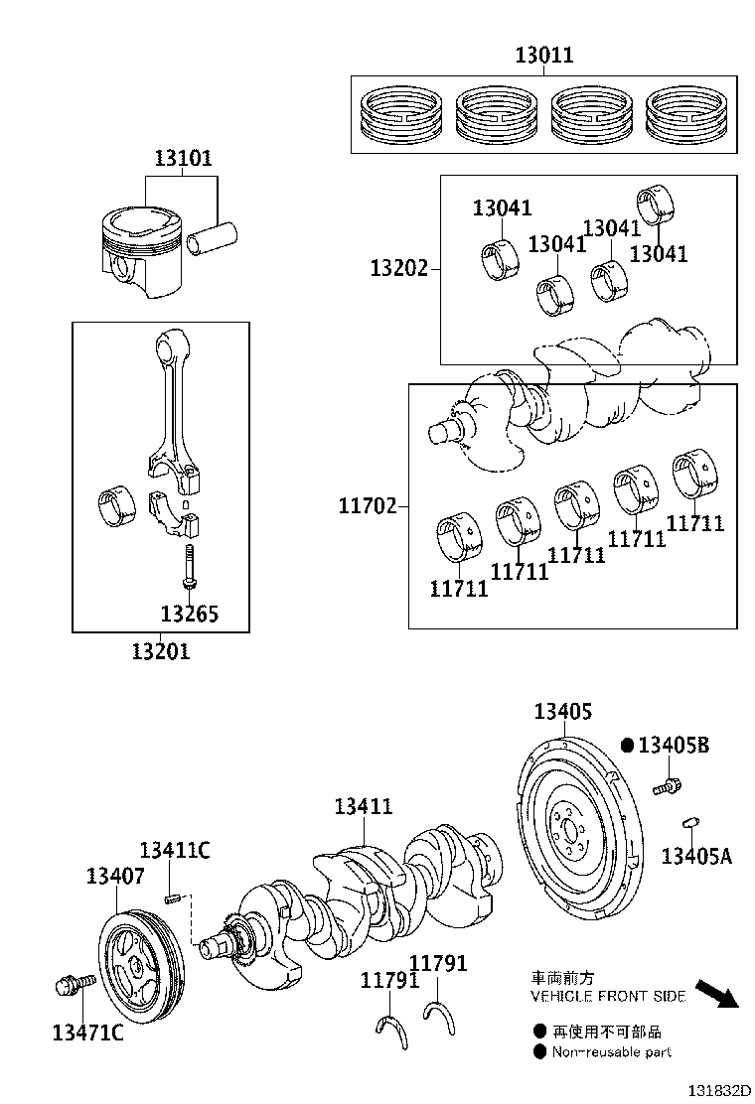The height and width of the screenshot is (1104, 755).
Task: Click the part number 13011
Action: point(543,56)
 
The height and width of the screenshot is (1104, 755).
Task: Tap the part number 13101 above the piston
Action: point(182,159)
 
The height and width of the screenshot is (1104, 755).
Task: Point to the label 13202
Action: point(399,268)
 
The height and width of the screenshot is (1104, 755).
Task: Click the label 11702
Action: point(367,507)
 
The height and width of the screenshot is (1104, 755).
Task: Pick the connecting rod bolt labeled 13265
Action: point(189,566)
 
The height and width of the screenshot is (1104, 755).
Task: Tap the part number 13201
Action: point(160,651)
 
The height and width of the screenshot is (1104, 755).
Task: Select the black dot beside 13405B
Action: point(627,745)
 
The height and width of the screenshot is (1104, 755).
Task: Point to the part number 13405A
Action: point(695,856)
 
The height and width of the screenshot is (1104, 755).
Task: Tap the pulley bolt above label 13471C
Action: point(72,985)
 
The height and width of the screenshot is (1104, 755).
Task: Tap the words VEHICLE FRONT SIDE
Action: point(608,996)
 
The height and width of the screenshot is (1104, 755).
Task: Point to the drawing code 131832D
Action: point(710,1089)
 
